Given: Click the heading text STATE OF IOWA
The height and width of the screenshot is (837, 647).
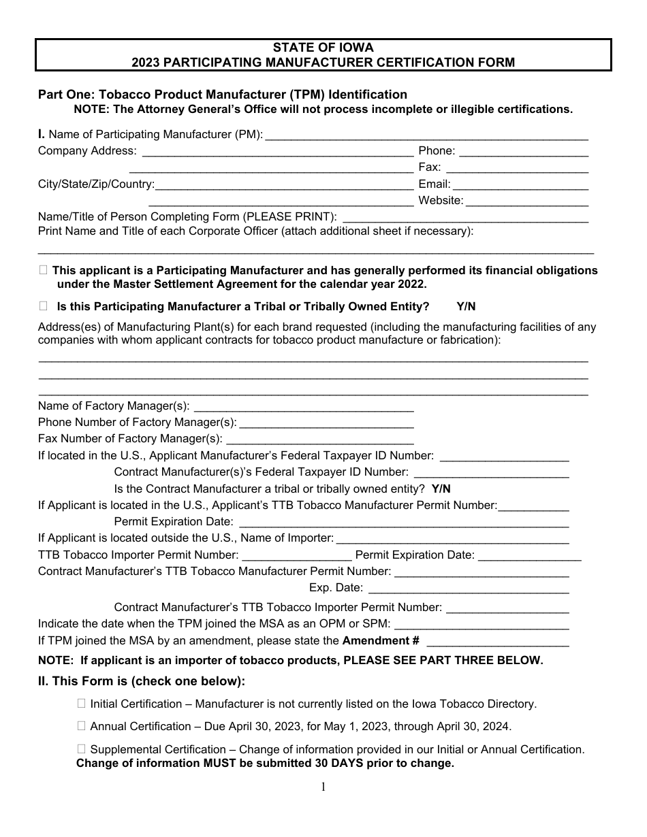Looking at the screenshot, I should [x=323, y=48].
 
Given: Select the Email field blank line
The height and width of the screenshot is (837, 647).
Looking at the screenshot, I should [x=520, y=185].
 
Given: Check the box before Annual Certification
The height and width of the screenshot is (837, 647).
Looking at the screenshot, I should [x=82, y=726].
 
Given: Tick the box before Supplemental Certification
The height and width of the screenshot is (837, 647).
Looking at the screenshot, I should [x=82, y=749].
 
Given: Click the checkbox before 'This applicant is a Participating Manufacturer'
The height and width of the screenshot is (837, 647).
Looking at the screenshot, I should [x=44, y=270].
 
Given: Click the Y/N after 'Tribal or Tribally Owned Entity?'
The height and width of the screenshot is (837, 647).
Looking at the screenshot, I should [x=466, y=306].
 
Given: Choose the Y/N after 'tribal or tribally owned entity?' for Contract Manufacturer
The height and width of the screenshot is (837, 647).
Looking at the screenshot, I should [x=441, y=489].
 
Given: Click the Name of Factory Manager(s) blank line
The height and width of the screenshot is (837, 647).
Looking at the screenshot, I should [x=304, y=408].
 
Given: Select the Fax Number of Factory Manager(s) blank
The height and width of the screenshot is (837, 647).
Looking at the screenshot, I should [x=319, y=440].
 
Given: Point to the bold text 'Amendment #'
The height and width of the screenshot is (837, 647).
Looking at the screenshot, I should [x=381, y=640].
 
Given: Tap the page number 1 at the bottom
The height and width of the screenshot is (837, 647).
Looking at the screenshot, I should [x=323, y=787].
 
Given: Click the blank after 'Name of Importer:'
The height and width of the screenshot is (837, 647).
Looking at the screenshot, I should [x=452, y=540].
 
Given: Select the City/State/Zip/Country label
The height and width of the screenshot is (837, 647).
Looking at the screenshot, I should [x=96, y=184].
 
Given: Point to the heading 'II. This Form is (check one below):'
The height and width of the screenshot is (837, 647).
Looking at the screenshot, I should [x=141, y=681].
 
